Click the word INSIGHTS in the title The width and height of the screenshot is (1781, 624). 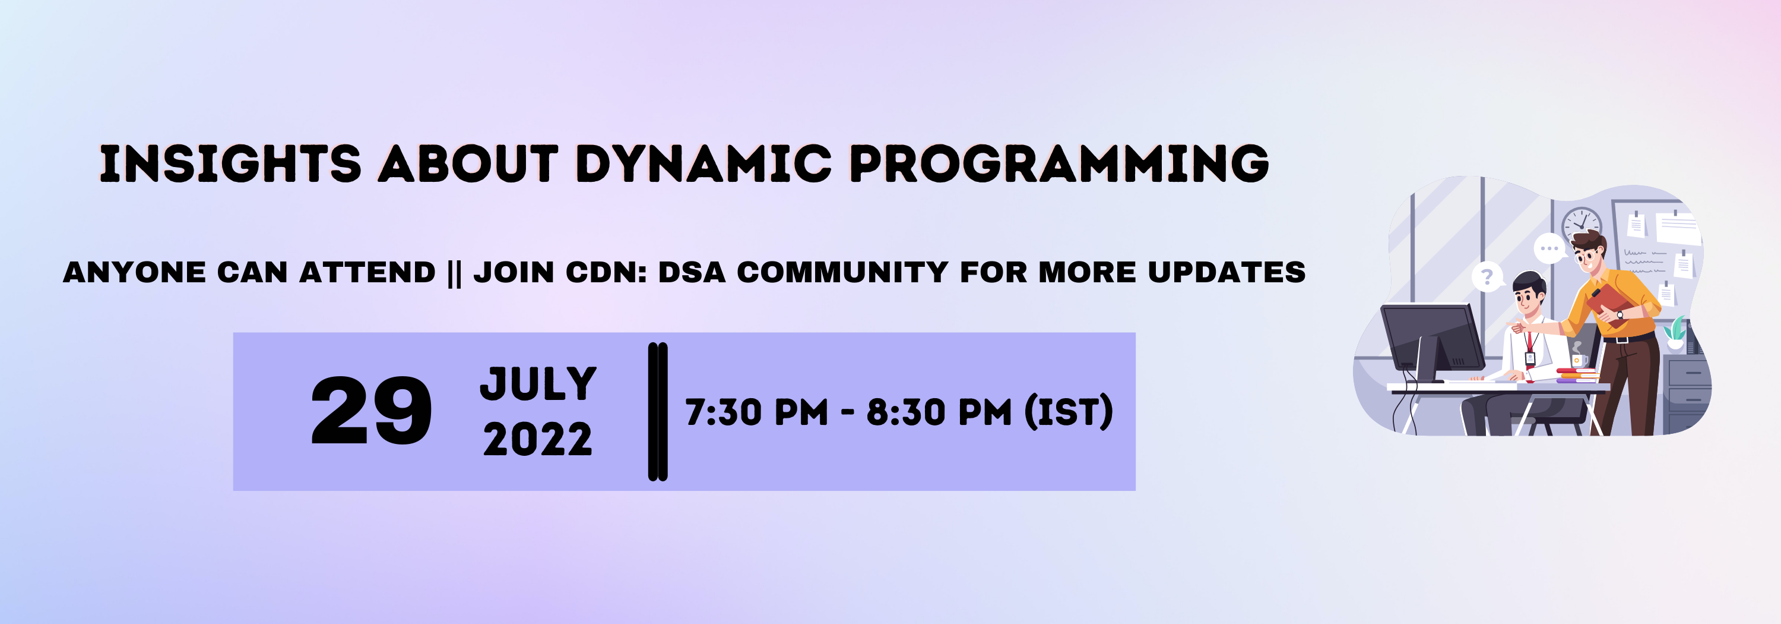[230, 165]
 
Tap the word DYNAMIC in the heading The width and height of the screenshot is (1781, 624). [703, 165]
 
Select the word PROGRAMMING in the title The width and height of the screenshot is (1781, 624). [1059, 165]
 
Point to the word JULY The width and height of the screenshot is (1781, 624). [538, 384]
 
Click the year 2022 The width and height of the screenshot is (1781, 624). [538, 440]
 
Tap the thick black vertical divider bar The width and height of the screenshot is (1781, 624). [658, 412]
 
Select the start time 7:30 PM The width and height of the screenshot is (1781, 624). [756, 412]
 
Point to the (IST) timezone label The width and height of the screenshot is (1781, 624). [1068, 412]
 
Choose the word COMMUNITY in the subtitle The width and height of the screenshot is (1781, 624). [842, 272]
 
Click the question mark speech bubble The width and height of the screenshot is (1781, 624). [1487, 277]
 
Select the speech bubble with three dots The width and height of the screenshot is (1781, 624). [1549, 248]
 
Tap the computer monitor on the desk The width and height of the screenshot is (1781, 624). [1431, 339]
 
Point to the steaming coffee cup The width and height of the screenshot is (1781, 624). [1579, 359]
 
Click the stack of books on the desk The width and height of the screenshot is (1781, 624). [1577, 376]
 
